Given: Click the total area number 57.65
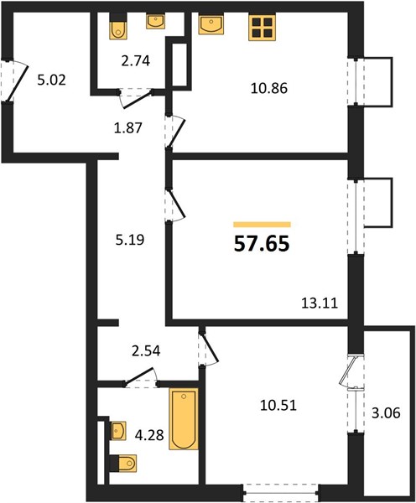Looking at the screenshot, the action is point(262,244).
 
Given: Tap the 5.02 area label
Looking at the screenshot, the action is point(52,80).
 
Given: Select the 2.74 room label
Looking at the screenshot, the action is point(136,61).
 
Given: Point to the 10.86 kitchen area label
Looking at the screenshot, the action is point(269,88).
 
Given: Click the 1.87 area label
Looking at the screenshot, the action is point(128,128).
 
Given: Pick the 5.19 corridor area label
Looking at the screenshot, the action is point(130,240).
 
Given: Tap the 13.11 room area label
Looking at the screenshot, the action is point(320,303).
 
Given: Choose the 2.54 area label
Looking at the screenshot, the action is point(146,350).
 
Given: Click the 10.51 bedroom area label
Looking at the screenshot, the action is point(278,406).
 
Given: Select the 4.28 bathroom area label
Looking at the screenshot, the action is point(149,435).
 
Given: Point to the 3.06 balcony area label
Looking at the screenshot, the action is point(386,413).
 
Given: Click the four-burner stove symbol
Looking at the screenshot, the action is point(263,28).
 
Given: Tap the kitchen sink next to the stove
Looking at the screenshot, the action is point(211,24).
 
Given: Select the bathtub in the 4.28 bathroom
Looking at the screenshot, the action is point(184,419).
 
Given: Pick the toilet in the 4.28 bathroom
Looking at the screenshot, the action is point(123,464).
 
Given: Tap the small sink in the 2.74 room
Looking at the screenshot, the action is point(156,22).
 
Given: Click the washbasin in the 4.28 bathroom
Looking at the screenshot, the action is point(118,431).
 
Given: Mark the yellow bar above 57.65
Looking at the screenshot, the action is point(262,225).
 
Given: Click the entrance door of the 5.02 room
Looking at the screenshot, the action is point(15,81).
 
